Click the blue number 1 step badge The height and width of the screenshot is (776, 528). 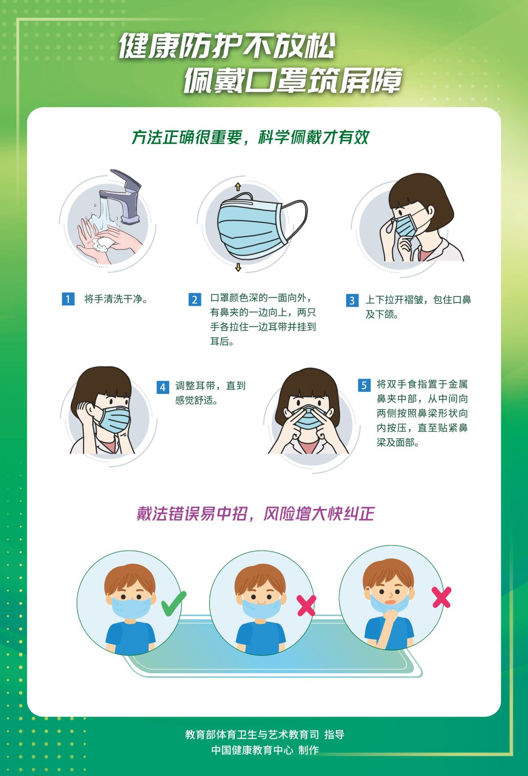point(68,299)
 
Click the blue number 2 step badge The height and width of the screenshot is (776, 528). point(195,299)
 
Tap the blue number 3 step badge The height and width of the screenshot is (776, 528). point(352,300)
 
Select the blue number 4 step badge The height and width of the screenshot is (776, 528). point(163,388)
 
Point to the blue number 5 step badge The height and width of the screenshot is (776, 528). point(364,386)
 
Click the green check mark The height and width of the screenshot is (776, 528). point(173,604)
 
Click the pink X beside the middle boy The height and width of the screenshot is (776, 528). point(307,606)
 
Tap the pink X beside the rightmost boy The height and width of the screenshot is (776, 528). point(441,597)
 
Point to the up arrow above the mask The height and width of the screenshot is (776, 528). point(238,186)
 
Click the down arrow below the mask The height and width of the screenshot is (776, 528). point(238,267)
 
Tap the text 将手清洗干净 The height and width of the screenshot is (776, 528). point(116,299)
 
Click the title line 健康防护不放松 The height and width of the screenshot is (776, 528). point(227,46)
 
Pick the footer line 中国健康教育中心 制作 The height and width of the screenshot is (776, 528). point(264,750)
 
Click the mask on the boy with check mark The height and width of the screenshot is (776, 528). point(131,607)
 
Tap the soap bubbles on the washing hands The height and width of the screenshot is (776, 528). point(102,244)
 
